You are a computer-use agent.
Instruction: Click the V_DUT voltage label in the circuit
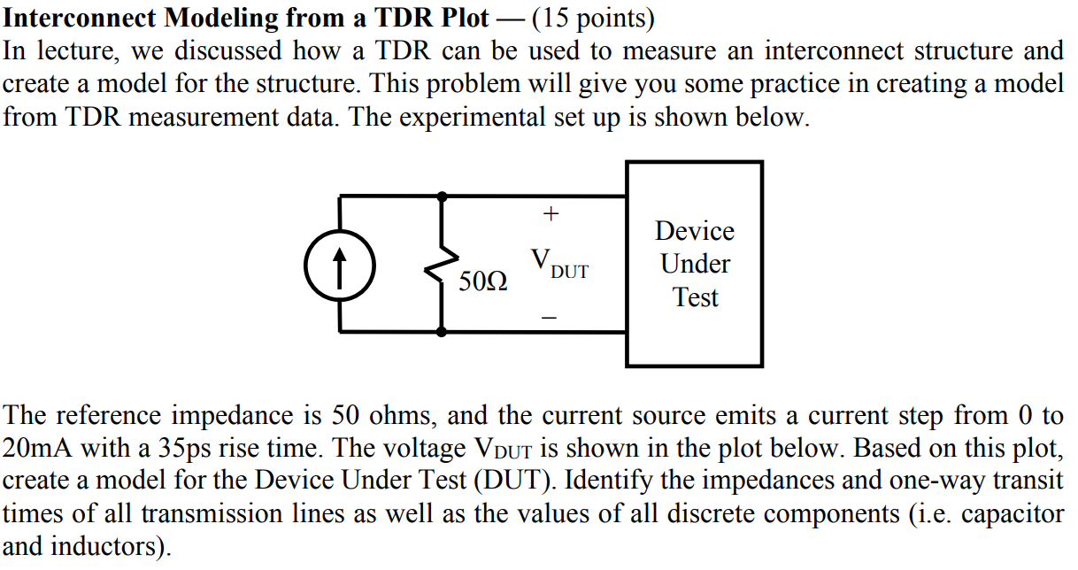coord(558,264)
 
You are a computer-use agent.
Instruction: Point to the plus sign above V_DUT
coord(551,213)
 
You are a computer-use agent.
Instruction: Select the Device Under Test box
coord(694,264)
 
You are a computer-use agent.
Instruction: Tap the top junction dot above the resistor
coord(443,196)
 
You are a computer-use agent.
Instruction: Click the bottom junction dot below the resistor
coord(443,332)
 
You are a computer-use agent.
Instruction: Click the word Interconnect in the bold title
coord(74,18)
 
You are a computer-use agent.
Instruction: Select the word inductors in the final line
coord(110,546)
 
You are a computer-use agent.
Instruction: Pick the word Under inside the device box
coord(695,264)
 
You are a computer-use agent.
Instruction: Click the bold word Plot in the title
coord(460,18)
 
